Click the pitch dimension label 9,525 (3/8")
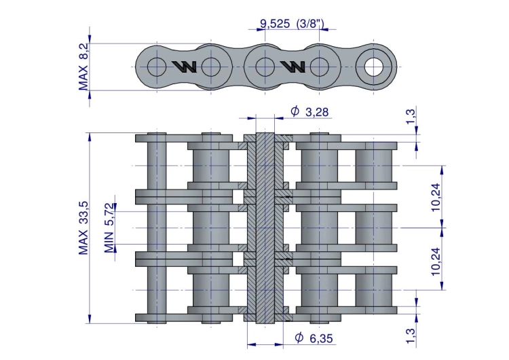pyautogui.click(x=292, y=23)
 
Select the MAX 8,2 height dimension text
pyautogui.click(x=83, y=67)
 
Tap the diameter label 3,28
pyautogui.click(x=317, y=112)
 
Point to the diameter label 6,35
pyautogui.click(x=321, y=338)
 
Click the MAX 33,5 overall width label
pyautogui.click(x=83, y=228)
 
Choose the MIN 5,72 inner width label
pyautogui.click(x=109, y=228)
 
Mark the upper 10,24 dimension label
pyautogui.click(x=436, y=197)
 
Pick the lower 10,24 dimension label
pyautogui.click(x=436, y=262)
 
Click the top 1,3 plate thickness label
pyautogui.click(x=411, y=117)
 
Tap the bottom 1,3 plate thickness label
pyautogui.click(x=411, y=336)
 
